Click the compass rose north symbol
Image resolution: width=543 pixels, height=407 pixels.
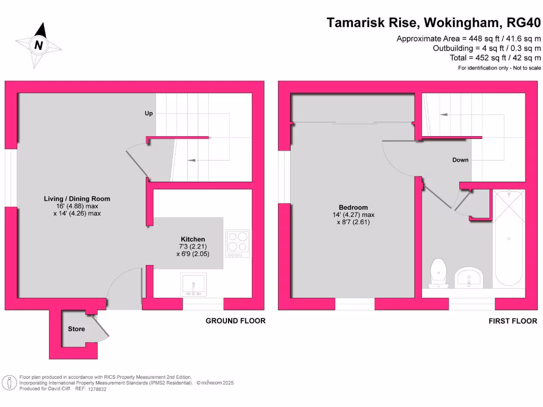(x=38, y=45)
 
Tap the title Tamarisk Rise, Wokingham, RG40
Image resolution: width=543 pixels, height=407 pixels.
(x=434, y=23)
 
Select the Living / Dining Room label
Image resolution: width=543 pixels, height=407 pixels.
(x=77, y=199)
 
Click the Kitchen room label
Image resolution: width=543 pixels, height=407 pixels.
(x=192, y=240)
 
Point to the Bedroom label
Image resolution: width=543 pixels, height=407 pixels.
(x=353, y=207)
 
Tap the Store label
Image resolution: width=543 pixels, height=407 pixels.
(x=76, y=329)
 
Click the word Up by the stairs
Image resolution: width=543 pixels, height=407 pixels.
(x=150, y=113)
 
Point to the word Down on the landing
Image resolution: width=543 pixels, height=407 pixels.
(x=460, y=160)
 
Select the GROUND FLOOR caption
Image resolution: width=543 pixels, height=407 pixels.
(x=235, y=321)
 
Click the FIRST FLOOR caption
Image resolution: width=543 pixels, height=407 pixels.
(x=513, y=321)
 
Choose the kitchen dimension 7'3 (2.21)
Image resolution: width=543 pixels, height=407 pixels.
(x=192, y=247)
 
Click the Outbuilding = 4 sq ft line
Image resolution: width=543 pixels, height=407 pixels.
(x=487, y=48)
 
